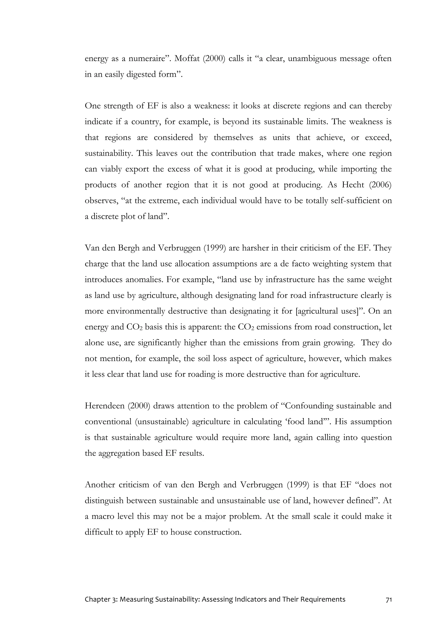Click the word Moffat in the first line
point(187,59)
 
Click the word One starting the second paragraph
point(93,106)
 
